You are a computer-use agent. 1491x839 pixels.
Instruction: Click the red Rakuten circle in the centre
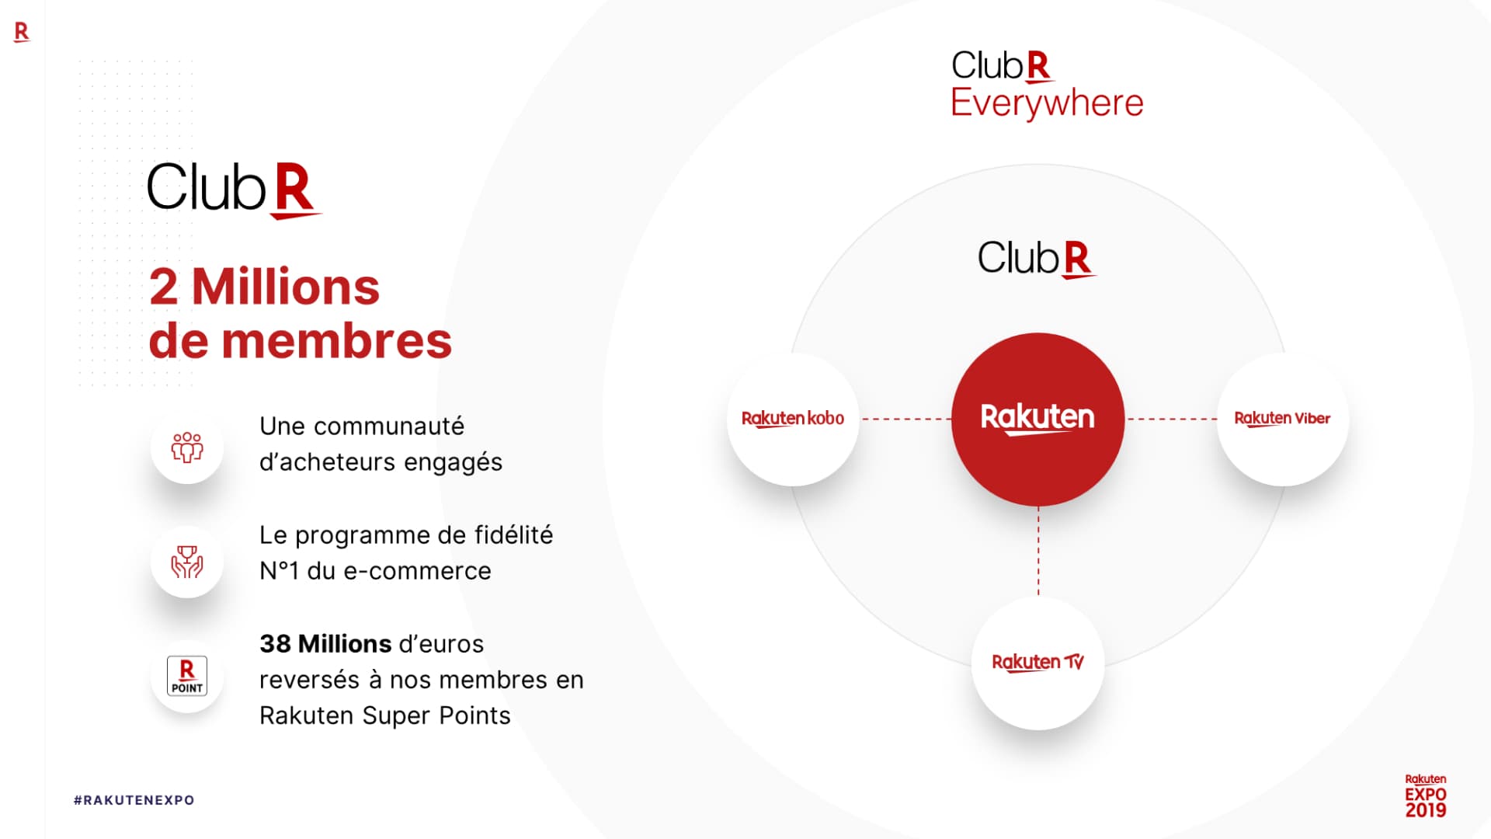1037,419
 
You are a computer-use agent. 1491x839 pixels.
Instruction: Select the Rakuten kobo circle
793,419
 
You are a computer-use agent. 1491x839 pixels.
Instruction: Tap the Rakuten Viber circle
1282,419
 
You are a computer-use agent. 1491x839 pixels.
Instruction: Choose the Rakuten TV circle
1037,663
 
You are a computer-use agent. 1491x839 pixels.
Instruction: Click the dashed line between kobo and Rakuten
905,419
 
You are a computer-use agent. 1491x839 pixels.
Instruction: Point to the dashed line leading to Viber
1171,419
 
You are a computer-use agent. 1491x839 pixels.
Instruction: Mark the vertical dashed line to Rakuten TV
1038,551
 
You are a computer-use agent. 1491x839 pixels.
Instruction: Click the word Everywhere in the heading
1047,103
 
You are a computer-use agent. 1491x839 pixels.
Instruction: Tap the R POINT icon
187,676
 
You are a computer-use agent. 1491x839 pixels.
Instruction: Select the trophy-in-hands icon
187,561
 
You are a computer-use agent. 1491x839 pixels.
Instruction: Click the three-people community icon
187,447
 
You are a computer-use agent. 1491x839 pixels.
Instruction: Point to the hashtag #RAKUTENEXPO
134,800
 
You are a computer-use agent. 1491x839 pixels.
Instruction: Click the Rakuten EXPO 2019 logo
1425,796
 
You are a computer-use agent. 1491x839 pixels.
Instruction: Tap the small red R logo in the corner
22,32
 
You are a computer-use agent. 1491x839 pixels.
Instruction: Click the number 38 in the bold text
275,644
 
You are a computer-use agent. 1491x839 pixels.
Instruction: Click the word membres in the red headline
336,341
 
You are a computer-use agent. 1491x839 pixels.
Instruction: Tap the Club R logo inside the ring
1036,258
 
